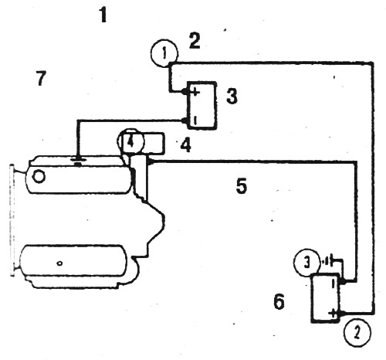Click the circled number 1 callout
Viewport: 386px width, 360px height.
point(164,53)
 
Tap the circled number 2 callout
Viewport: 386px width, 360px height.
point(357,333)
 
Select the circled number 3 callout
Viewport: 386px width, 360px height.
point(307,263)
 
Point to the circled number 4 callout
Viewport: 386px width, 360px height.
point(130,141)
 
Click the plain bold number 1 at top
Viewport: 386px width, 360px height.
point(103,15)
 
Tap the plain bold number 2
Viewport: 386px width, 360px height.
point(195,41)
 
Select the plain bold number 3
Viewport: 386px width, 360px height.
point(232,96)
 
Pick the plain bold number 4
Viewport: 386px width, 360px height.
point(186,145)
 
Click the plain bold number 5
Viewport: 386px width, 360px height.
point(242,185)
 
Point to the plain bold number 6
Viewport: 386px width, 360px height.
point(279,301)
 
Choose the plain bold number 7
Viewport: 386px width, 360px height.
point(41,78)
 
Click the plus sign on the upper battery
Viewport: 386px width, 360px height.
point(195,92)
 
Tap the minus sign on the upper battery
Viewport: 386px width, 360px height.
point(195,120)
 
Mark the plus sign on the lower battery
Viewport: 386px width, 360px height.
point(333,314)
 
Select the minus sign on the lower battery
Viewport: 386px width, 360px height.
point(334,284)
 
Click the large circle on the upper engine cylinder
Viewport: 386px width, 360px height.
point(39,177)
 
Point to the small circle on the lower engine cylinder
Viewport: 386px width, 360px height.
point(59,263)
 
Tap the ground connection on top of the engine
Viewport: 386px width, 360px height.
point(78,161)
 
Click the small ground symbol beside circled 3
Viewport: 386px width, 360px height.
point(327,262)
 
